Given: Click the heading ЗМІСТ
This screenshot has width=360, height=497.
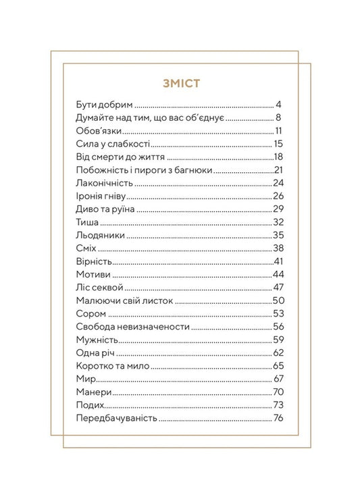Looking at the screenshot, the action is (x=180, y=84).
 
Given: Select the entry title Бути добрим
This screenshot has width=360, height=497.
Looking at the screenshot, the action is (x=105, y=105).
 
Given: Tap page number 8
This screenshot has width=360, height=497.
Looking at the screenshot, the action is (x=278, y=118).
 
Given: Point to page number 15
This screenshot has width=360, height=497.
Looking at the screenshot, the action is (x=278, y=144).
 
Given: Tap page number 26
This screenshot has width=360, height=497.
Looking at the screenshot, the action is (x=277, y=196).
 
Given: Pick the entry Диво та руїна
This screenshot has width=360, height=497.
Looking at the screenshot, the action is (x=106, y=209).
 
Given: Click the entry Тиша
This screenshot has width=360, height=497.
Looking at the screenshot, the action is (x=88, y=222).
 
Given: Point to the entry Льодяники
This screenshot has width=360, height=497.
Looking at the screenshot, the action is (x=102, y=235).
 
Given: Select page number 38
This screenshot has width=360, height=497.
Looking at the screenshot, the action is (x=277, y=248).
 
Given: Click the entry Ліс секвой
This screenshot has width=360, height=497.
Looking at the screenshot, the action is (x=100, y=288).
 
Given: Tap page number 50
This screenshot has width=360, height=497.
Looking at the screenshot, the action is (x=277, y=300).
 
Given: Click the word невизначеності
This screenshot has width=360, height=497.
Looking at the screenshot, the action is (x=157, y=326).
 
